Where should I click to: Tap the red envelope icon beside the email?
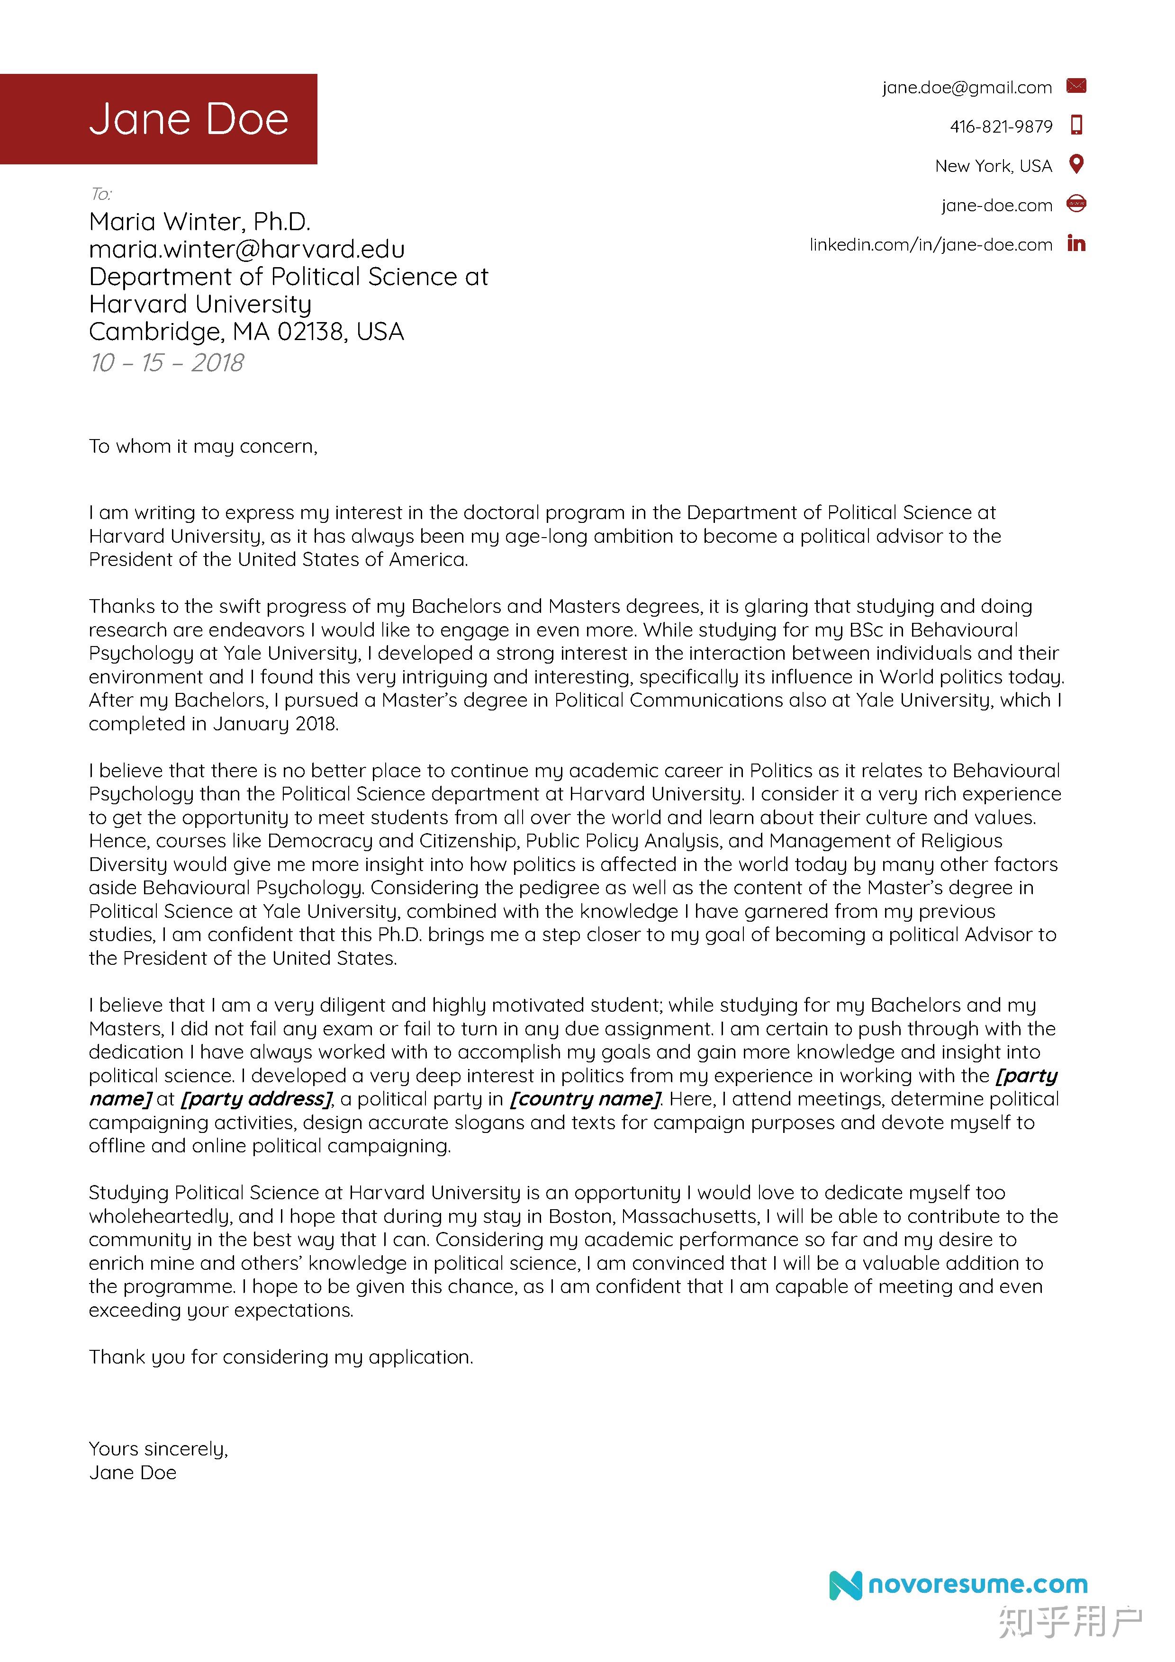point(1076,86)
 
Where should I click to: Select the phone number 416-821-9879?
point(1001,126)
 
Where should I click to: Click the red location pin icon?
point(1076,164)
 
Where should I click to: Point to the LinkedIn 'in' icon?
point(1076,243)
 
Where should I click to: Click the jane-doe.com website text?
point(996,205)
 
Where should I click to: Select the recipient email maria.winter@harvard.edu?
point(247,249)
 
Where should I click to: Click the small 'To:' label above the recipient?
point(100,194)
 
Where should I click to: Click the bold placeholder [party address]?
point(255,1099)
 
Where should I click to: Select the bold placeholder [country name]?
point(585,1099)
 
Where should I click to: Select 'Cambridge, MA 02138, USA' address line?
point(246,332)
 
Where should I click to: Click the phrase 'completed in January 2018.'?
point(214,724)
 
